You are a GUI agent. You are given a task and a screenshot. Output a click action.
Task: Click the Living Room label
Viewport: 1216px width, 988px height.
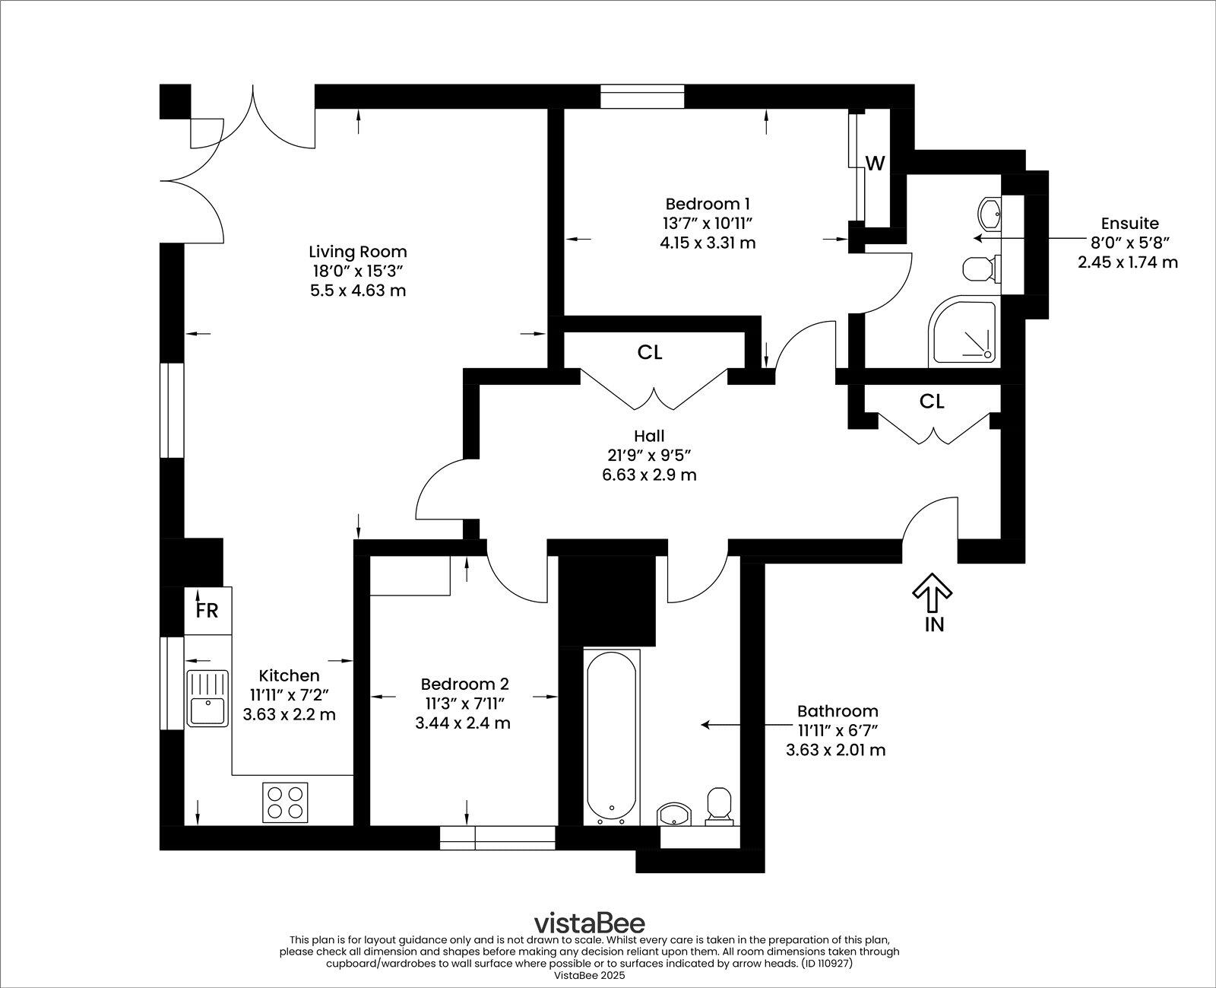357,252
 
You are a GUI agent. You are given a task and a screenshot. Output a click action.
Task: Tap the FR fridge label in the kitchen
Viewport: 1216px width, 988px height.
207,611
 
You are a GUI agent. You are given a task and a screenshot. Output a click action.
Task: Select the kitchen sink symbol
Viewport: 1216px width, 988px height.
207,698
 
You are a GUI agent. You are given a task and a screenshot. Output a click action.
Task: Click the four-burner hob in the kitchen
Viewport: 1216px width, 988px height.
286,802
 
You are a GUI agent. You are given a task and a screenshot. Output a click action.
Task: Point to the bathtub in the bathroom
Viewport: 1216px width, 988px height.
612,735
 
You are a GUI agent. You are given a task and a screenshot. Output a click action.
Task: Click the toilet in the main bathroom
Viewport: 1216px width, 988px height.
718,805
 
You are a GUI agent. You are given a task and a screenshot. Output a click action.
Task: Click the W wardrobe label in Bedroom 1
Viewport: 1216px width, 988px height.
876,164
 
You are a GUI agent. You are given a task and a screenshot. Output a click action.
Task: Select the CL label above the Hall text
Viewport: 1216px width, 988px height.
650,353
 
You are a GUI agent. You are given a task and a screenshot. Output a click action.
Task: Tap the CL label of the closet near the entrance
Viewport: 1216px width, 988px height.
932,402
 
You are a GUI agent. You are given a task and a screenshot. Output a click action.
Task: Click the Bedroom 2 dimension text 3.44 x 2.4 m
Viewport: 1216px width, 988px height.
462,723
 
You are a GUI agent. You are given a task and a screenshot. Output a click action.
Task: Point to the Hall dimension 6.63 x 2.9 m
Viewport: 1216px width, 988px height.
648,475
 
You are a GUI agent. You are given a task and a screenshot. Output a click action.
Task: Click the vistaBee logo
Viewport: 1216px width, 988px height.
589,923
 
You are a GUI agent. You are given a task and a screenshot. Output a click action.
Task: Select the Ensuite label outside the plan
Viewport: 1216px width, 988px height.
1129,224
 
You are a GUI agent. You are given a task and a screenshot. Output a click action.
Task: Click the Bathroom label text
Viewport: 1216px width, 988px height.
837,711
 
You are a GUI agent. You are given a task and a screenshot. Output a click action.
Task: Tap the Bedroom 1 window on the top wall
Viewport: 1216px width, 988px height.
642,97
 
